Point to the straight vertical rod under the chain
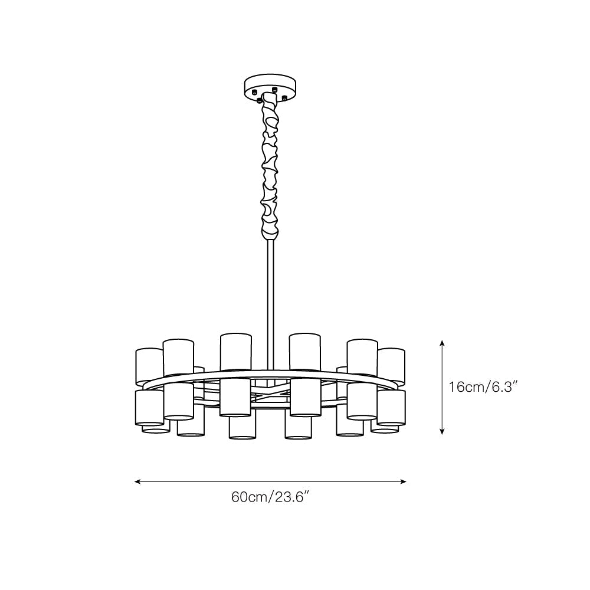click(270, 295)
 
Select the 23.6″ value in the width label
click(290, 497)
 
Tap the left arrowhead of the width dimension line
click(137, 481)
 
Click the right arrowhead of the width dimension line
click(404, 481)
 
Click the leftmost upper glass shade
click(149, 366)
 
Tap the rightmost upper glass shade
click(392, 366)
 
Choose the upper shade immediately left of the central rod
click(236, 351)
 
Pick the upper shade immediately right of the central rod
click(305, 351)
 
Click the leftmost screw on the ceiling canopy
click(253, 93)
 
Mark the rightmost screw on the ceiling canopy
click(284, 97)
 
